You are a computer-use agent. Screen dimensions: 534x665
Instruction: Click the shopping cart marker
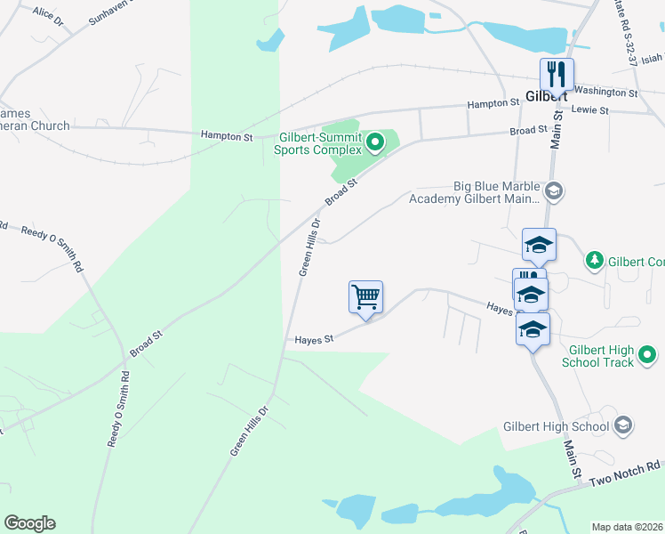click(365, 297)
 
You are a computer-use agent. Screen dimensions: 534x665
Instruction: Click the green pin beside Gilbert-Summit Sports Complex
click(375, 141)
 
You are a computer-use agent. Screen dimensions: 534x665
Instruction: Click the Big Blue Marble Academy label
click(475, 192)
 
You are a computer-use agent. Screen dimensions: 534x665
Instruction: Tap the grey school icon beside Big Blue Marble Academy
click(554, 190)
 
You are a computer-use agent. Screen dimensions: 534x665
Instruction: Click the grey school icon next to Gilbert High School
click(622, 425)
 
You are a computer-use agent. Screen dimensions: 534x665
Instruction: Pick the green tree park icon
click(595, 261)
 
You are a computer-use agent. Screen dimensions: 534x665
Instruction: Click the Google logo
click(29, 523)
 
